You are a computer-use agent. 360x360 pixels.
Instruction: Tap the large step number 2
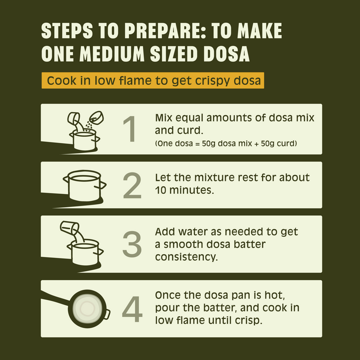click(x=132, y=185)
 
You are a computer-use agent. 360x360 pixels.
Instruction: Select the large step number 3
click(x=132, y=244)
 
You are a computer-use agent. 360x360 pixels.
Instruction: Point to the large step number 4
click(x=132, y=309)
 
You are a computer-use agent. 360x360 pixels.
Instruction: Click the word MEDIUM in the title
click(x=112, y=54)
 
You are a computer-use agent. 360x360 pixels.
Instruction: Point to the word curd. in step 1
click(x=190, y=130)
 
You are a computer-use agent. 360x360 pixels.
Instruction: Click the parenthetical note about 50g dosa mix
click(x=226, y=143)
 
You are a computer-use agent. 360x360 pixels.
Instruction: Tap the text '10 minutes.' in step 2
click(x=184, y=190)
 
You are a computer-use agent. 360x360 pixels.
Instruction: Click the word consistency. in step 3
click(x=186, y=257)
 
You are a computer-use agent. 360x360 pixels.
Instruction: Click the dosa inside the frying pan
click(x=87, y=308)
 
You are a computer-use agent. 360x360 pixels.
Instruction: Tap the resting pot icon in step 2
click(x=84, y=185)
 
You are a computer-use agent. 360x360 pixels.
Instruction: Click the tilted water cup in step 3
click(x=69, y=227)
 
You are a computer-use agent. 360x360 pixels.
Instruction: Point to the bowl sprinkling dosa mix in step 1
click(x=96, y=118)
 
